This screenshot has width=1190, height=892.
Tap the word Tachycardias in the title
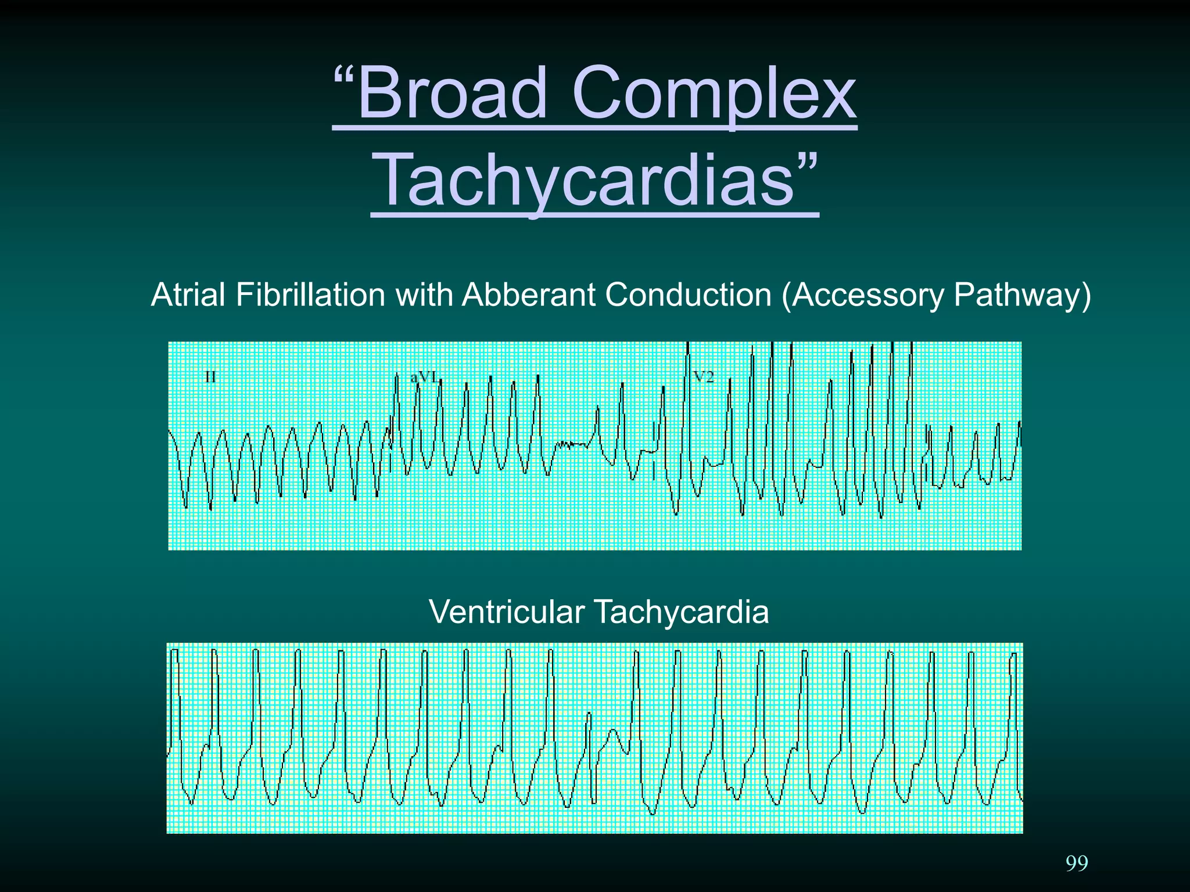[x=585, y=179]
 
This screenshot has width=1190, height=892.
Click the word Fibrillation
[x=310, y=295]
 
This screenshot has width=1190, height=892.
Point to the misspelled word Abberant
[x=529, y=295]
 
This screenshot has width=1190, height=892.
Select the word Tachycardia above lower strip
[x=680, y=612]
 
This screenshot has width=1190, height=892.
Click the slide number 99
[x=1077, y=864]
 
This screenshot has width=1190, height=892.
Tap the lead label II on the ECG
[x=210, y=377]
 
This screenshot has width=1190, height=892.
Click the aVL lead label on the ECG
[x=423, y=377]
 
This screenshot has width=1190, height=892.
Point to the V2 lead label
[x=704, y=377]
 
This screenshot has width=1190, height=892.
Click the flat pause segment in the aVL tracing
[x=572, y=445]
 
